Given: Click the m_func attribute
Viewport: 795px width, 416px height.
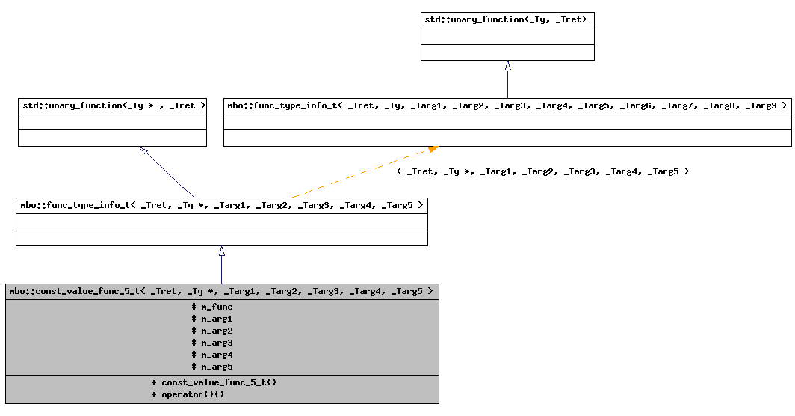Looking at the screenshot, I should coord(212,307).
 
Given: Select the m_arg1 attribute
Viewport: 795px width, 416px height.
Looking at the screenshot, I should coord(212,319).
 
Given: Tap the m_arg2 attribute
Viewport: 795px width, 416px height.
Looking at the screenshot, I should coord(212,331).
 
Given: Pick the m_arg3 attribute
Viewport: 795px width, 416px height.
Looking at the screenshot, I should coord(212,343).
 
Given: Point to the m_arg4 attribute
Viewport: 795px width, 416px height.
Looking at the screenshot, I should coord(212,355).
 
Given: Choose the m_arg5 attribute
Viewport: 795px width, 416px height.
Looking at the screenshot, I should coord(212,367).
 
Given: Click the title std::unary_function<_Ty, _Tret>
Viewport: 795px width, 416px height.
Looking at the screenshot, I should coord(507,19).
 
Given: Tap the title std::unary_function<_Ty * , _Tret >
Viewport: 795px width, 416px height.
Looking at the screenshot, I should coord(112,105).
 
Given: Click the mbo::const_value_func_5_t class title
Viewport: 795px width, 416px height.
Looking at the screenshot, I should coord(221,291).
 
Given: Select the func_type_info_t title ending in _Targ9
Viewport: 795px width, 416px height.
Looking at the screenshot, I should coord(507,105).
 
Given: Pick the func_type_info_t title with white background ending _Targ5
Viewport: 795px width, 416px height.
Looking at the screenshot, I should coord(221,204).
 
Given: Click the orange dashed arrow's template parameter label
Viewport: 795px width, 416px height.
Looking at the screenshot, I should coord(542,171).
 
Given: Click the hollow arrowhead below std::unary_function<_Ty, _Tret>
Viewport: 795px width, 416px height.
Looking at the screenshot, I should coord(507,66).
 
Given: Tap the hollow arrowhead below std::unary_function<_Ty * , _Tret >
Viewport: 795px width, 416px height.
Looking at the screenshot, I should coord(144,151).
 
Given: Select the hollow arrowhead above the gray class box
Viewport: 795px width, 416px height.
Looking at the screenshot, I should coord(221,251).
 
